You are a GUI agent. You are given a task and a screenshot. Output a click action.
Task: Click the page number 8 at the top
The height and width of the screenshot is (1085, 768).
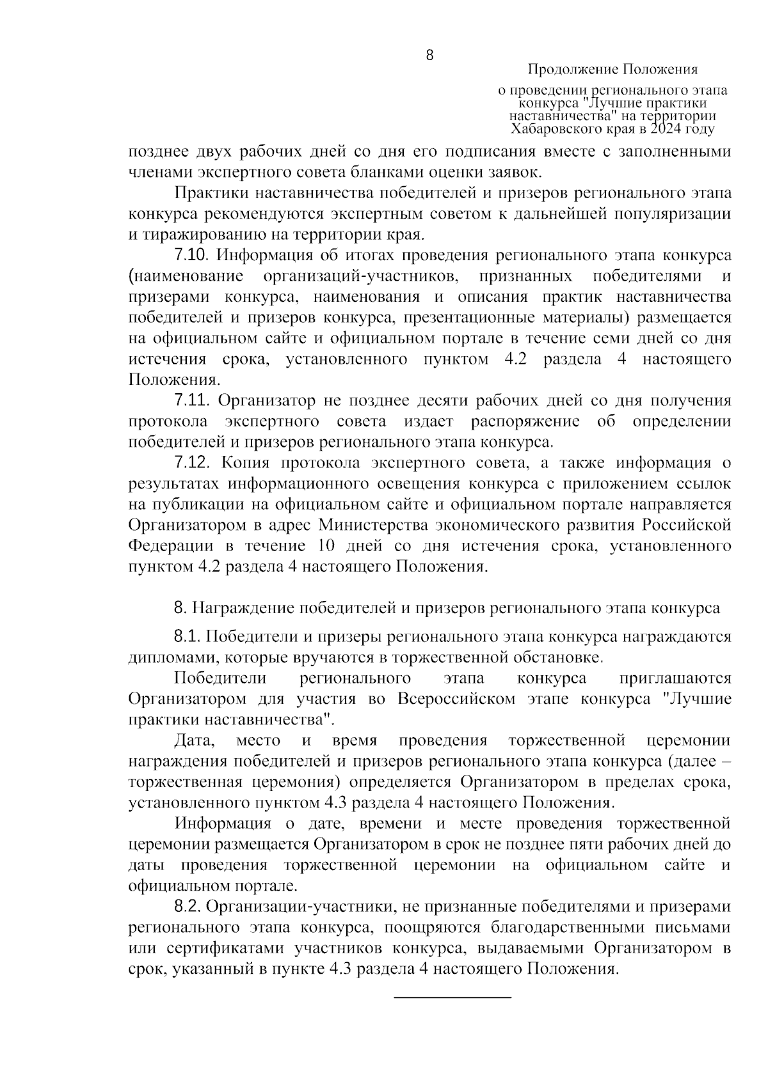pyautogui.click(x=429, y=56)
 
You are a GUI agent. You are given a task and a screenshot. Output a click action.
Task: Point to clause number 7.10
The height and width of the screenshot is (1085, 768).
pyautogui.click(x=192, y=255)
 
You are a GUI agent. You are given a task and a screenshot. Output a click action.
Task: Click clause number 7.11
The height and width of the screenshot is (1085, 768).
pyautogui.click(x=192, y=401)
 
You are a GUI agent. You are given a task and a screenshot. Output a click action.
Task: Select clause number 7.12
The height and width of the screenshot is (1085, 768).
pyautogui.click(x=192, y=463)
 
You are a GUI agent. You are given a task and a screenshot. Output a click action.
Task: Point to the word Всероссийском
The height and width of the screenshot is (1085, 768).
pyautogui.click(x=456, y=699)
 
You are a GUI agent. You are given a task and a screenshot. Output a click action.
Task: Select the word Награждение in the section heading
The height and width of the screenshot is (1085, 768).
pyautogui.click(x=242, y=607)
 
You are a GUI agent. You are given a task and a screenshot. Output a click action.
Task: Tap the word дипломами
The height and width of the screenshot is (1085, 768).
pyautogui.click(x=165, y=657)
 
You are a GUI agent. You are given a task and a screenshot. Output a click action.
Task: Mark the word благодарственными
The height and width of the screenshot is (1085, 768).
pyautogui.click(x=559, y=927)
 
